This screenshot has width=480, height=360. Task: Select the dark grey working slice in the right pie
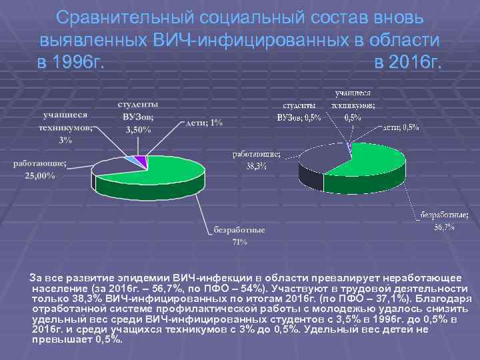320,163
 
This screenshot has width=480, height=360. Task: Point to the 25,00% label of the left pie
41,176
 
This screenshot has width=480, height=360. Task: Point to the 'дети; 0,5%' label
401,127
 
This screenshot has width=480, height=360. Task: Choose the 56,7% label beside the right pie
445,227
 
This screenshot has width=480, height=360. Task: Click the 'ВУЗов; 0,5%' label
299,117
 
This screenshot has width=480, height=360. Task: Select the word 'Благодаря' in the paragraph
437,299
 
